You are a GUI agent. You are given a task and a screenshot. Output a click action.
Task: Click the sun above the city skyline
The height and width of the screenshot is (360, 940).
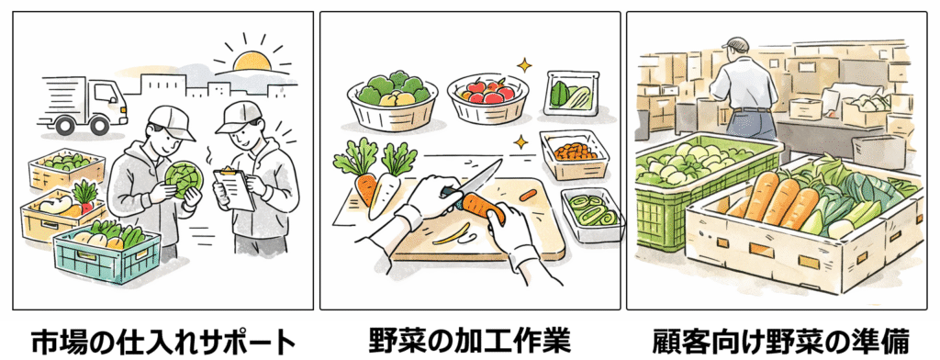point(252,61)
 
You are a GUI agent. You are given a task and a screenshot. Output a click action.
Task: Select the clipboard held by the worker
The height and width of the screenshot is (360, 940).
point(234,188)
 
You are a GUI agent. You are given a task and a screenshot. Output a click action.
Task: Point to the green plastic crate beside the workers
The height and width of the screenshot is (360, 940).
point(107,253)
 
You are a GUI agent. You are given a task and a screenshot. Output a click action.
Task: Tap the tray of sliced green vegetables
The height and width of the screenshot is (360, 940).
point(593,214)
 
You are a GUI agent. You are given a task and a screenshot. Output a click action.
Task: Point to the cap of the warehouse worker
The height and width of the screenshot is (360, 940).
point(735,43)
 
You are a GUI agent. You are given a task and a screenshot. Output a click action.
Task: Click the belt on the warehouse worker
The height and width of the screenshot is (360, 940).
point(753,109)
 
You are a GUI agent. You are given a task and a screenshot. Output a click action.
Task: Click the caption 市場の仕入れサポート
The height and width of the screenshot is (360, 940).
point(163,343)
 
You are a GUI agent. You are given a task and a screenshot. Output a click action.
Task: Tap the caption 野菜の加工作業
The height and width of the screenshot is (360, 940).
point(470,341)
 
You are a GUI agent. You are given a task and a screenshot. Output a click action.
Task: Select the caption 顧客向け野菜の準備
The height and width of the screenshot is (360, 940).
point(781,342)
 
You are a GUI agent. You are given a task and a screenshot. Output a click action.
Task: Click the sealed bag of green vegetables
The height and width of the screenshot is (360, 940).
point(573,93)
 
